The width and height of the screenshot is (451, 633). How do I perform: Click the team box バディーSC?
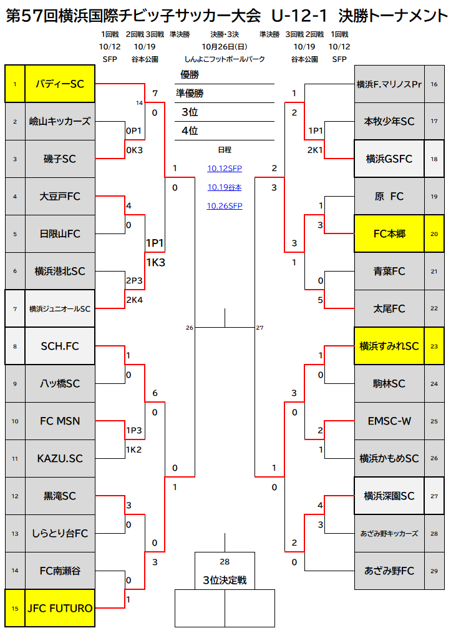click(60, 84)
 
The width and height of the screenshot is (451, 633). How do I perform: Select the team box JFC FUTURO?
click(60, 608)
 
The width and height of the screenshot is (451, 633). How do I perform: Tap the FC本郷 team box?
click(389, 233)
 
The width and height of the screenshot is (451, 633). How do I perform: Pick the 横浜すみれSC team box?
click(389, 346)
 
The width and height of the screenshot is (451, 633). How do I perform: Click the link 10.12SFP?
click(225, 169)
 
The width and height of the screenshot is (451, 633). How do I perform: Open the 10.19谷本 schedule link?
click(225, 187)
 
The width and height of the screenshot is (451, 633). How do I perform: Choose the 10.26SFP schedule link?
click(225, 206)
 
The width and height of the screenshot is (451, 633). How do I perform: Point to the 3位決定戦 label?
click(225, 581)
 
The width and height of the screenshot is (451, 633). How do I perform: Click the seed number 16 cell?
click(434, 84)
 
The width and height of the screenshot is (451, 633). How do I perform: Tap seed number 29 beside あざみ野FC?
click(434, 571)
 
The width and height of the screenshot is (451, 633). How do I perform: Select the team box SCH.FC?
click(60, 346)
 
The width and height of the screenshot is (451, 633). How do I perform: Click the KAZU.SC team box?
click(60, 458)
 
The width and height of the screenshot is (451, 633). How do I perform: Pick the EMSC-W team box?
click(389, 421)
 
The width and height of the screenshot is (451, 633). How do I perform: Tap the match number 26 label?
click(190, 328)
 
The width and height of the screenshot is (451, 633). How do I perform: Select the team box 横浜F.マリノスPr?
click(389, 84)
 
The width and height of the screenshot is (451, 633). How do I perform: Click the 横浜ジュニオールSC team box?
click(60, 308)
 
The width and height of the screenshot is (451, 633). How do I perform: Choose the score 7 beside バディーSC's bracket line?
click(154, 94)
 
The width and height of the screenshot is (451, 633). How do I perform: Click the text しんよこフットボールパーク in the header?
click(225, 59)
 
